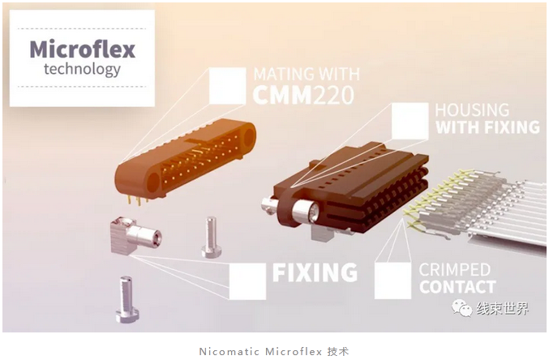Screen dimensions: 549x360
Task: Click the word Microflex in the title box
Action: [82, 49]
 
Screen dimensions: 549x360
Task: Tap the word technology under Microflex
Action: [82, 70]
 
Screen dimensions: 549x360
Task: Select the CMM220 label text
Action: [303, 95]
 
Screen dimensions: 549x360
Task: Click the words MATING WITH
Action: [307, 75]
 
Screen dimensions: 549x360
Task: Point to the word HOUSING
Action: [472, 110]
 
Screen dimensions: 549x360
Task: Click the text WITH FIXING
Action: [487, 127]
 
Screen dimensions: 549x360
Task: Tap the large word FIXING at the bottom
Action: [315, 272]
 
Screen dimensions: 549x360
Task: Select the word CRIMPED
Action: [454, 270]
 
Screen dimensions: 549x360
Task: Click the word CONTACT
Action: [457, 287]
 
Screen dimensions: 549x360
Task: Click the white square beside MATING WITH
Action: [227, 86]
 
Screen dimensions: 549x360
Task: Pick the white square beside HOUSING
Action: [410, 121]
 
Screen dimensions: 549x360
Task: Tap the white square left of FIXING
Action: [247, 281]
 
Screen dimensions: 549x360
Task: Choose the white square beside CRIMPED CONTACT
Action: [392, 281]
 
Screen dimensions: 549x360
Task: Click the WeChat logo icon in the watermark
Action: [462, 308]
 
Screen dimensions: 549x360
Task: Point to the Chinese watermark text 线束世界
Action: [503, 309]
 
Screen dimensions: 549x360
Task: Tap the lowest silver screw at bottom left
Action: [127, 299]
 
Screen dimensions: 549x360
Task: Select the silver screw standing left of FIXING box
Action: [211, 237]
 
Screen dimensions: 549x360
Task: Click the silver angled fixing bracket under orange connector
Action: [135, 234]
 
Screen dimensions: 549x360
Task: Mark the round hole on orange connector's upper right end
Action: [249, 137]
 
